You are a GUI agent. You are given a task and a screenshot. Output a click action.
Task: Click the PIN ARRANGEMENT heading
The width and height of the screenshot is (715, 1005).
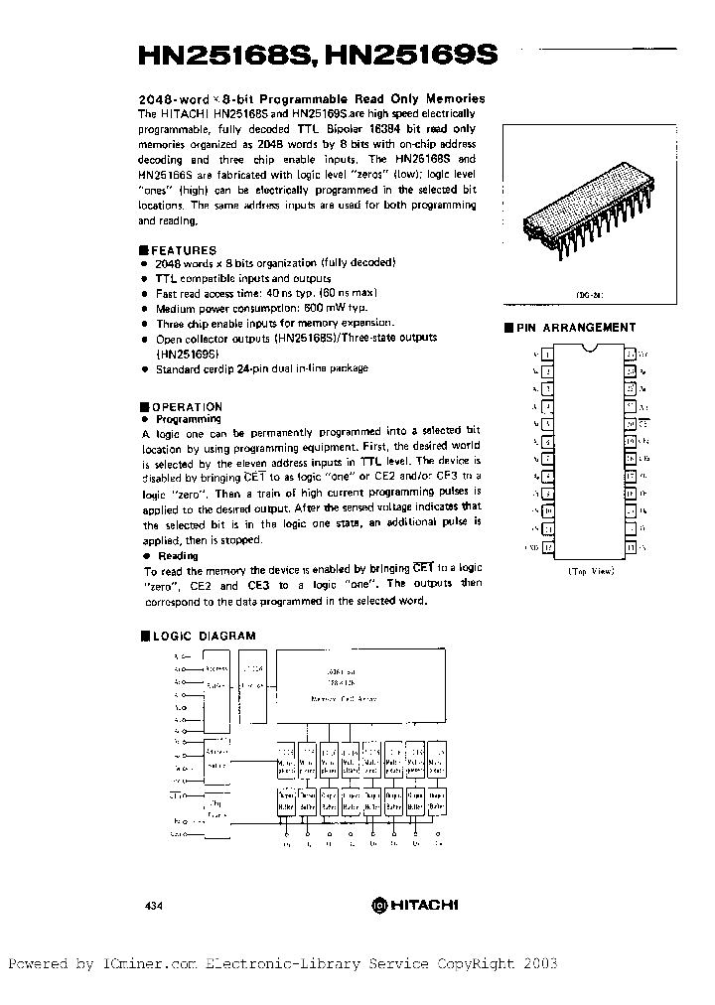[x=576, y=327]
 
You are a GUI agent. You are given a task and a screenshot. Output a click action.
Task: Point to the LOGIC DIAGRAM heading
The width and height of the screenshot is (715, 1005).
[x=203, y=636]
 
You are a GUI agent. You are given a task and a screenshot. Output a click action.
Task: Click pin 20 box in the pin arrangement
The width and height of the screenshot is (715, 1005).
[x=630, y=423]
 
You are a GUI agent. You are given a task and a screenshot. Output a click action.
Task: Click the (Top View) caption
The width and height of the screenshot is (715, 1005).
[x=591, y=571]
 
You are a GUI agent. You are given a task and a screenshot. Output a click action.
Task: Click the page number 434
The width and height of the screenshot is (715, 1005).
[x=154, y=905]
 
